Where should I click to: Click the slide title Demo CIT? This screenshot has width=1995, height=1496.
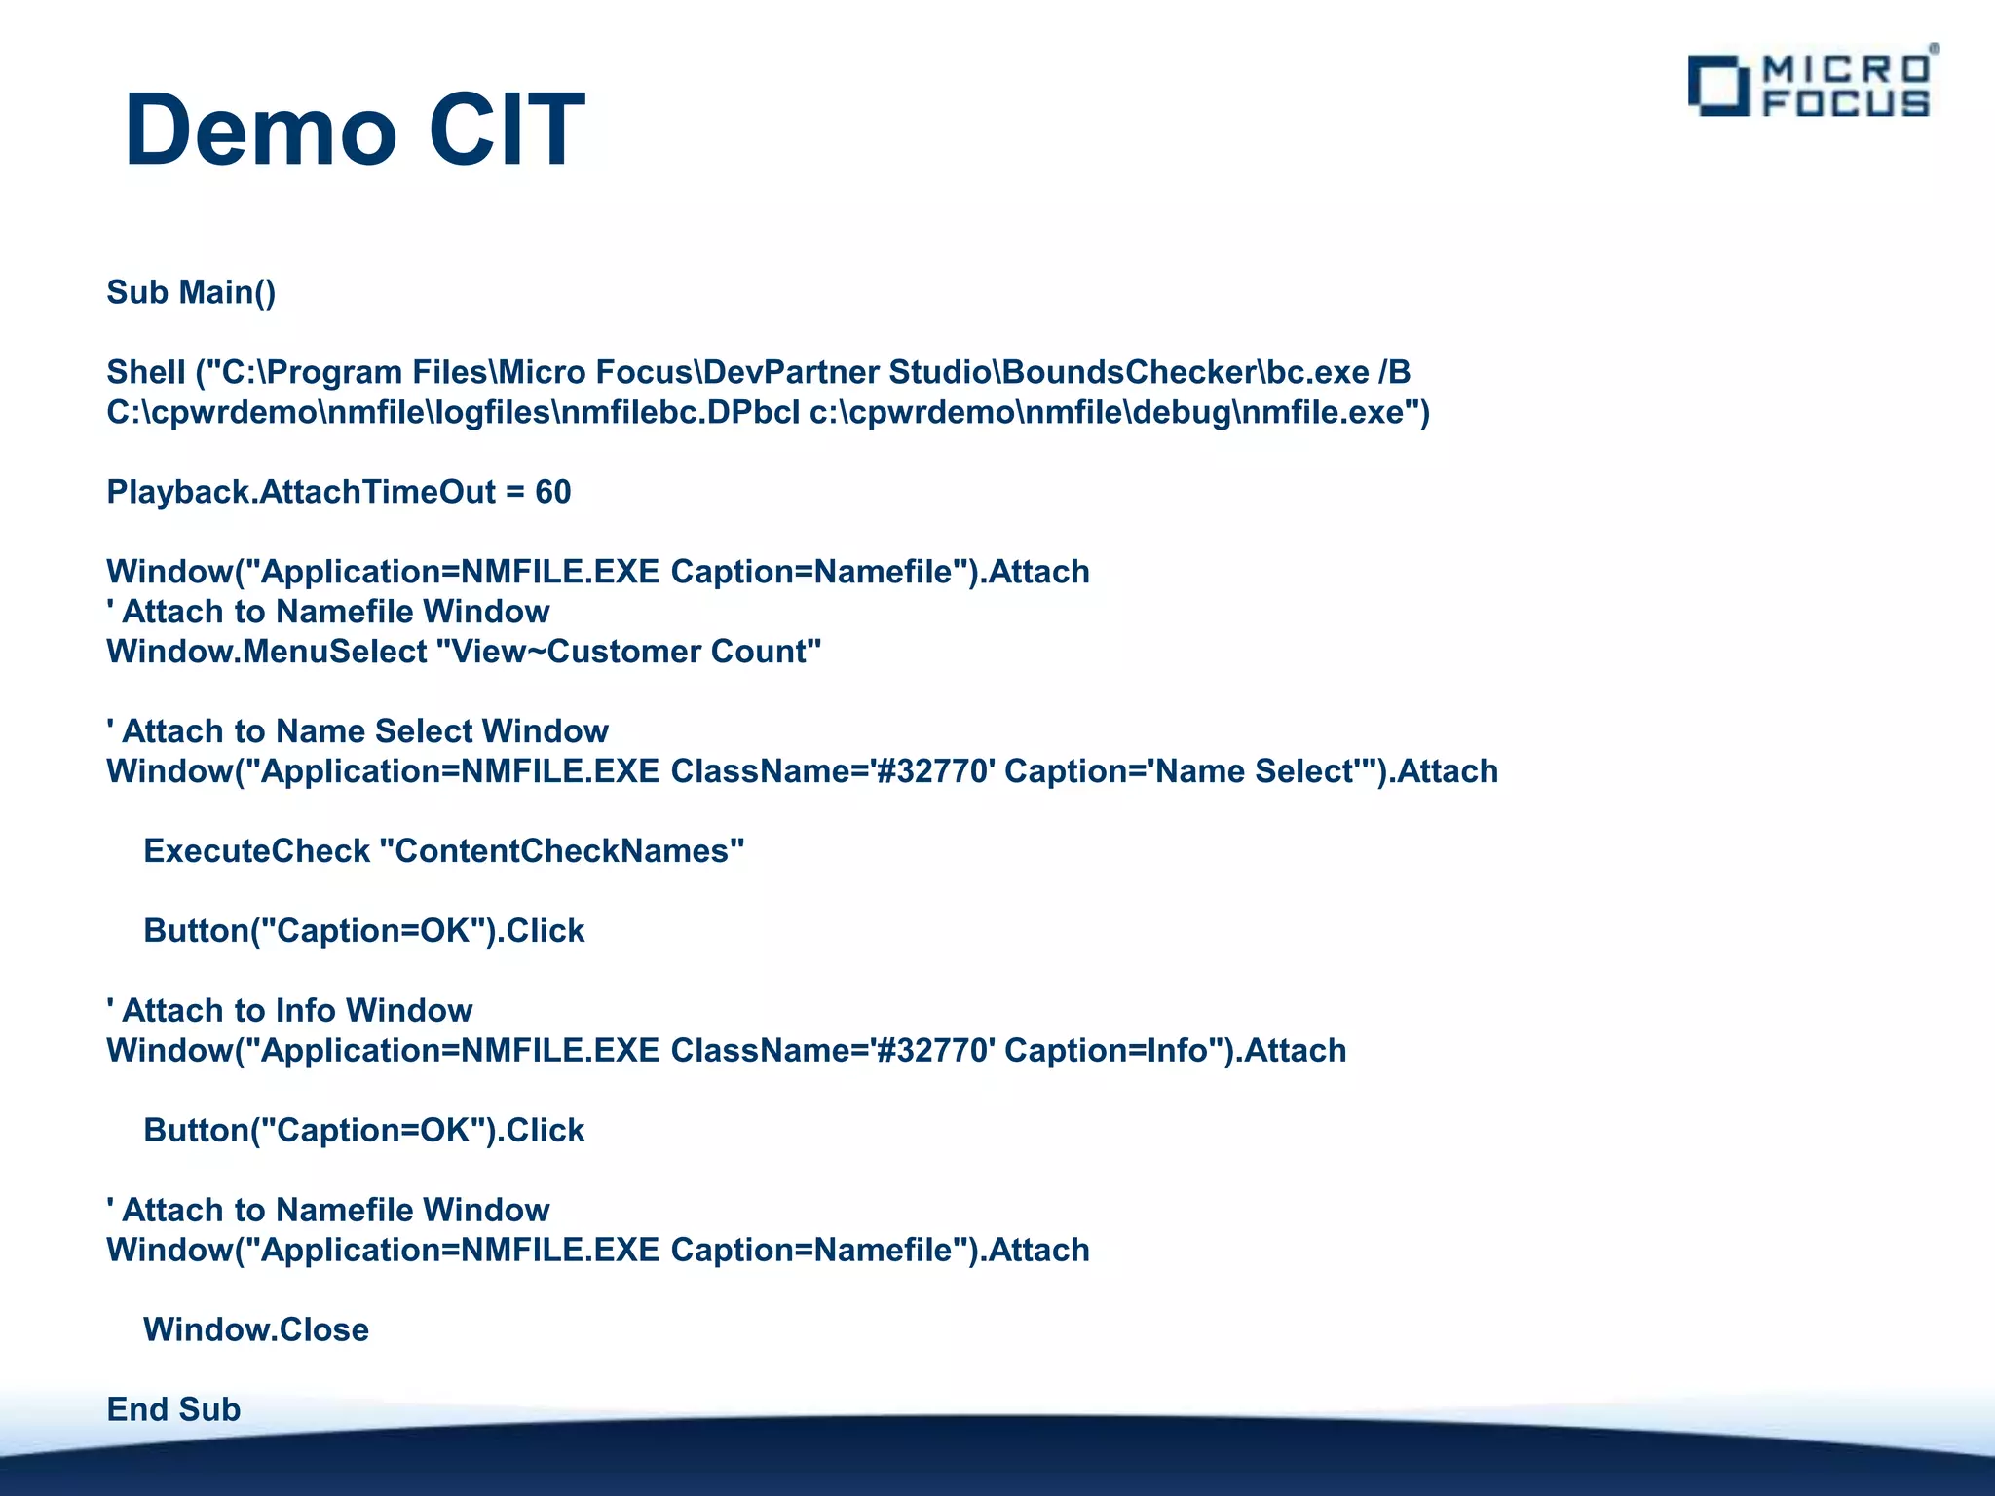point(355,131)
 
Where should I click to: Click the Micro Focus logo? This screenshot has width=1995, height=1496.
point(1812,86)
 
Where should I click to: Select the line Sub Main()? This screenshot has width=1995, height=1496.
point(191,292)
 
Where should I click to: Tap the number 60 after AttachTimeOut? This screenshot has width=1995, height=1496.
point(552,492)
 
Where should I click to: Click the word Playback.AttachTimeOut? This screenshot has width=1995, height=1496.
point(301,492)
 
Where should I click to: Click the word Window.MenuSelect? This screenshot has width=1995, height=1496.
point(266,652)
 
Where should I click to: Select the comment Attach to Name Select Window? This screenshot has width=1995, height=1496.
point(358,731)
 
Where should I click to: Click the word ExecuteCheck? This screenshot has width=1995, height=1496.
point(256,851)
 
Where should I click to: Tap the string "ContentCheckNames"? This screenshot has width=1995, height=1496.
point(561,851)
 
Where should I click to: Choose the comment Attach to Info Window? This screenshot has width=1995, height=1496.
point(289,1011)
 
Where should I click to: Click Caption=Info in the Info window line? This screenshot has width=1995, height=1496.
point(1106,1051)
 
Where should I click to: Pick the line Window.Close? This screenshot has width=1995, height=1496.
point(256,1330)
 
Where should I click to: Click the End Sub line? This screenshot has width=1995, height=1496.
point(173,1409)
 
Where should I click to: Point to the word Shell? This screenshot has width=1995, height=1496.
point(146,372)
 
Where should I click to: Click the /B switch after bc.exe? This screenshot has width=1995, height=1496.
point(1394,372)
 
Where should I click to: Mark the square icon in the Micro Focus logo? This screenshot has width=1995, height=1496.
point(1718,86)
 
